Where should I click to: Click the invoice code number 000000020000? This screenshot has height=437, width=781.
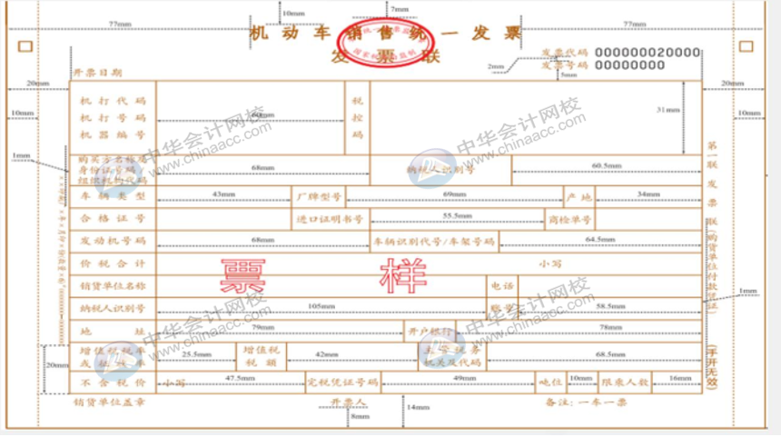(648, 53)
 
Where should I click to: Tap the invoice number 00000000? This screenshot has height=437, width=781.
(628, 65)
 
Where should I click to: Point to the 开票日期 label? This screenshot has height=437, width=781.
(97, 72)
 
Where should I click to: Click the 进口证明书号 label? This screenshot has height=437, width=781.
(329, 219)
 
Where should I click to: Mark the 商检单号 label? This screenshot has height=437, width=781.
(569, 219)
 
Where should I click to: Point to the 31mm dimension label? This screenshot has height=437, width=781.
(666, 110)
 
